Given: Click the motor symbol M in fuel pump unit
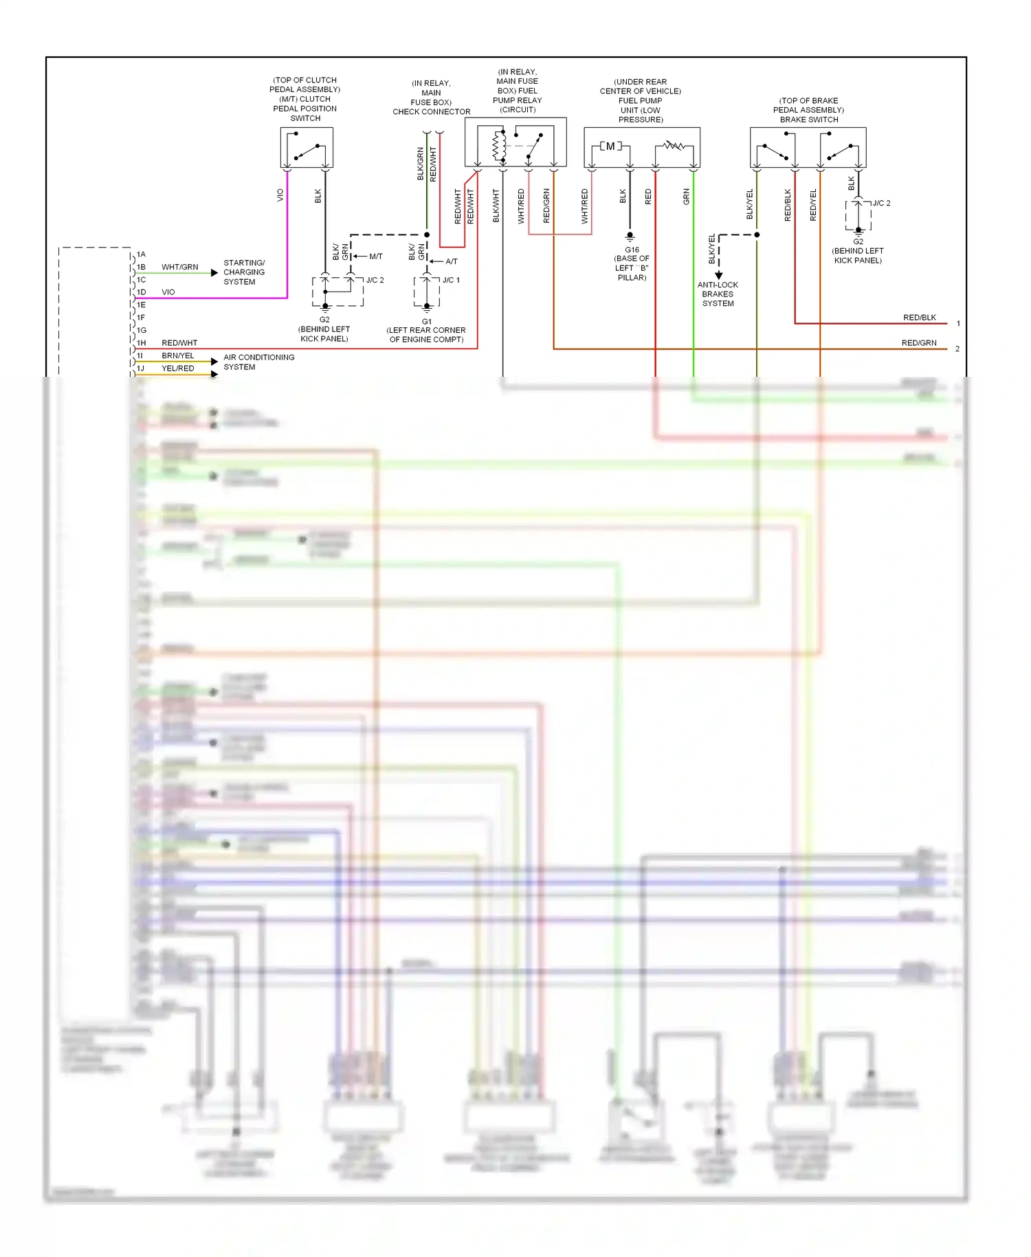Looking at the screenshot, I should (610, 146).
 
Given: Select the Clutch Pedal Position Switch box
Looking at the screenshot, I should (307, 147).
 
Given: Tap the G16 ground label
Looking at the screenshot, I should (632, 250).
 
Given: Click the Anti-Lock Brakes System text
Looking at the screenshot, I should (718, 294).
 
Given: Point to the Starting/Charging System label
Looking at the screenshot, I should (243, 272).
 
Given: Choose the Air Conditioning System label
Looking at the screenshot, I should (258, 362).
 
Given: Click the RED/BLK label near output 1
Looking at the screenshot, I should (919, 318).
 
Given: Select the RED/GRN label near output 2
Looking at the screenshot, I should (918, 343).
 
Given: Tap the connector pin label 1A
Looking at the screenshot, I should (141, 254).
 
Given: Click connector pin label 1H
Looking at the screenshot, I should (141, 342).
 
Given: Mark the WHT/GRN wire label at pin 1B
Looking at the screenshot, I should (179, 267).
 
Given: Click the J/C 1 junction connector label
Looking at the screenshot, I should (451, 280).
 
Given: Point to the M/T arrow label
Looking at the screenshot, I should (375, 256).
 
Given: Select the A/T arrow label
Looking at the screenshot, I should (451, 261).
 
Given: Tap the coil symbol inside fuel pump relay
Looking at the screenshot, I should (499, 146).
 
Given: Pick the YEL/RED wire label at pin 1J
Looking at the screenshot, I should (177, 369).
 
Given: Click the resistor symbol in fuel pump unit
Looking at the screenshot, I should (674, 146).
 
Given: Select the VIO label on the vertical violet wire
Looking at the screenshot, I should (280, 195).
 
